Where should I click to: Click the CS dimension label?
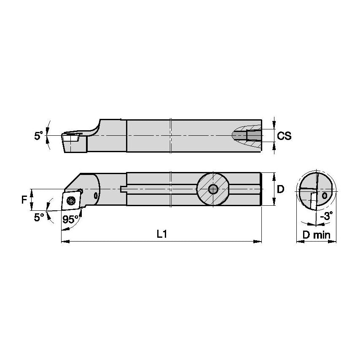point(285,136)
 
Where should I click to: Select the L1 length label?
point(162,234)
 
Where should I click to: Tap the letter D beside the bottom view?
point(280,189)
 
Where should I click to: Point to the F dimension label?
point(24,200)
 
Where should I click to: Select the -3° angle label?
point(326,215)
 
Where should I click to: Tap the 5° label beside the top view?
point(39,136)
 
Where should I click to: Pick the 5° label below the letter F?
point(39,217)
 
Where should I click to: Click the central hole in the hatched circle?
point(213,189)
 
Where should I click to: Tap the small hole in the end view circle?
point(324,196)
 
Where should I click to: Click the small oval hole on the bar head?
point(96,196)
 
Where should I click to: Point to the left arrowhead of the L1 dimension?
point(63,242)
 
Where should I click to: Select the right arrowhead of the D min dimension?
point(336,242)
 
